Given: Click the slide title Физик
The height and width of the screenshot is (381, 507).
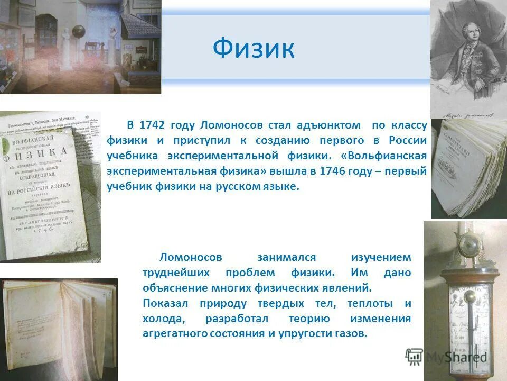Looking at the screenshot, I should tap(253, 49).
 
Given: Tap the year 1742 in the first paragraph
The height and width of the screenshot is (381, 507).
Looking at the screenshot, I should tap(153, 125).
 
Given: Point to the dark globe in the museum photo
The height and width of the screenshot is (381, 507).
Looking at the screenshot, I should tap(79, 30).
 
